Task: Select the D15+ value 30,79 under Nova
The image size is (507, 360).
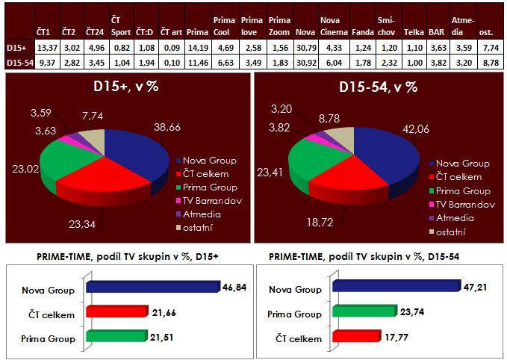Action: coord(305,49)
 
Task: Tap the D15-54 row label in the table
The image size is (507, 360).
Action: coord(16,63)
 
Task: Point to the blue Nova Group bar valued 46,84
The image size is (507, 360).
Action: coord(153,286)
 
